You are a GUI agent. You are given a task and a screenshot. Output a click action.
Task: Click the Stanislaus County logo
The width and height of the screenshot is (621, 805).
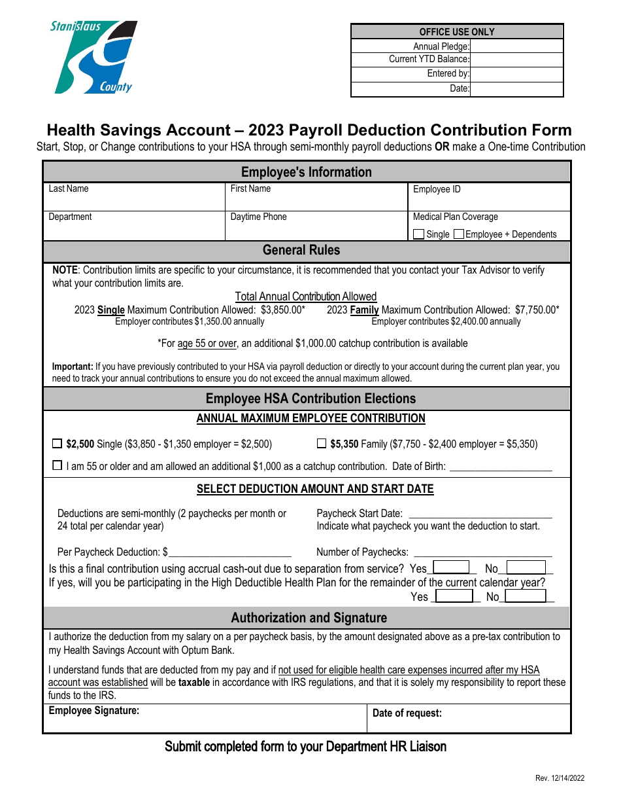(94, 58)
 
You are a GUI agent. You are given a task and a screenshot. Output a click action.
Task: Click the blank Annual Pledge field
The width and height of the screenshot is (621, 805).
(516, 46)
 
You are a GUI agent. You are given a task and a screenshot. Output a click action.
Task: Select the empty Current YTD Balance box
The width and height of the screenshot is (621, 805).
(516, 60)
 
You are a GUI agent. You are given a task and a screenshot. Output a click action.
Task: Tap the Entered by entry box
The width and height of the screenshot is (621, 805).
(516, 74)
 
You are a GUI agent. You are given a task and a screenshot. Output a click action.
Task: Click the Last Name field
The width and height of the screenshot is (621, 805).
(134, 200)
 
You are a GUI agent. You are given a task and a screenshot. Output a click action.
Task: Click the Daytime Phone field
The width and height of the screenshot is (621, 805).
(316, 229)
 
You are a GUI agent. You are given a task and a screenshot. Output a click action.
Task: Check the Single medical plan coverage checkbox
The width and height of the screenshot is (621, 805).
(419, 234)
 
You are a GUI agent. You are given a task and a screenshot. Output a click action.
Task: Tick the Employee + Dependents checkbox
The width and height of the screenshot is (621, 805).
(459, 234)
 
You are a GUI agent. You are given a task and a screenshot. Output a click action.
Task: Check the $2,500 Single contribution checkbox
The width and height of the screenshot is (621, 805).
(57, 444)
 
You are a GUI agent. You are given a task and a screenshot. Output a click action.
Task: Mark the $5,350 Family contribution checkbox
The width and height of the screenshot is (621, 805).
(321, 444)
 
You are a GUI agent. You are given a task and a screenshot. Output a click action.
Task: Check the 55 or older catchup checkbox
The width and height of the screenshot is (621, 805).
(57, 466)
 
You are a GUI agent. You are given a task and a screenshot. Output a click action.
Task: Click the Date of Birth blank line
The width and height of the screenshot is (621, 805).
(501, 467)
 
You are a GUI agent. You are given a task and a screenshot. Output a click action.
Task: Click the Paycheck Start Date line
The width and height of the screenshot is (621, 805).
(480, 514)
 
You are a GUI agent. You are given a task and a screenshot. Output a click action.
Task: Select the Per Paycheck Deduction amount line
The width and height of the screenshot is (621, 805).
(229, 553)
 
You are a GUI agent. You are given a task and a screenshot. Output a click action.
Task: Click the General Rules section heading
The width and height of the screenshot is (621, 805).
(301, 251)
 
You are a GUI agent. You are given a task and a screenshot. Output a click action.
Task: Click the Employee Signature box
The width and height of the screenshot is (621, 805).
(205, 719)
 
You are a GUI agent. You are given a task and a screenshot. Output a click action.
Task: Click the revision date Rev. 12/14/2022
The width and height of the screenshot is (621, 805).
(560, 778)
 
